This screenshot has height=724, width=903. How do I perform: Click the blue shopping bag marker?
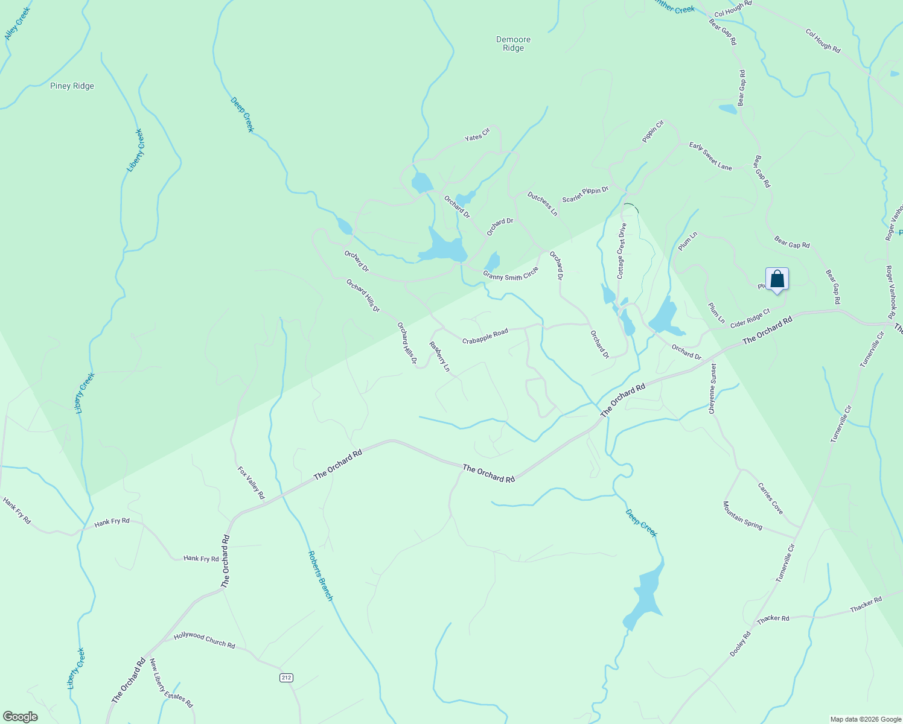point(777,279)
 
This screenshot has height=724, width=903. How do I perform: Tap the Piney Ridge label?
point(72,86)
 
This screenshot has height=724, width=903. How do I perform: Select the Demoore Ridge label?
point(513,43)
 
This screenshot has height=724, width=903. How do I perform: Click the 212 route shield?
point(286,678)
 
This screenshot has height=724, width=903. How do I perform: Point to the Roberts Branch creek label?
point(321,576)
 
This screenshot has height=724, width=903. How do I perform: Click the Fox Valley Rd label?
point(251,482)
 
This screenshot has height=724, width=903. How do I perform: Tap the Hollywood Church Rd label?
point(204,640)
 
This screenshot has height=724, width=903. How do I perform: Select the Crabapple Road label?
point(485,337)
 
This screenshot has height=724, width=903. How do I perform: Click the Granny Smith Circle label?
point(510,275)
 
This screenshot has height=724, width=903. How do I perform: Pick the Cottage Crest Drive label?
point(621,251)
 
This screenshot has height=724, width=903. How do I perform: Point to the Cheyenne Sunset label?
point(713,388)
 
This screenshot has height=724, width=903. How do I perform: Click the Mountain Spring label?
point(743,515)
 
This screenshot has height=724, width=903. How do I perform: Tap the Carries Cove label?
point(771,498)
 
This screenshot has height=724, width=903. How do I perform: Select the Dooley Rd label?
point(740,644)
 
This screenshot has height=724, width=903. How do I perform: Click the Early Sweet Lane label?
point(710,156)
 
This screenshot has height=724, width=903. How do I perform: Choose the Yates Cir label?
point(477,135)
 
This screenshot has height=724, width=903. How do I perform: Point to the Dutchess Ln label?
point(542,204)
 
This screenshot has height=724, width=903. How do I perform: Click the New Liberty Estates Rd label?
point(171,683)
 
